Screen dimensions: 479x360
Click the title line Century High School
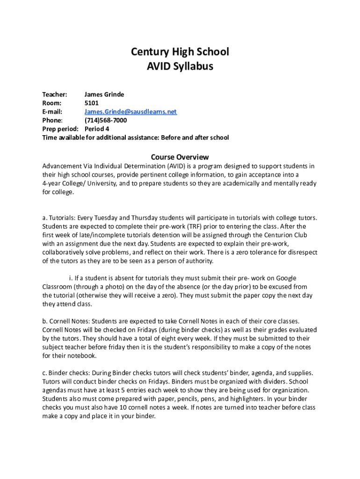[180, 51]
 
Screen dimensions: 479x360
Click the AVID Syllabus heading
[180, 66]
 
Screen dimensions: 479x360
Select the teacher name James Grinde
[104, 94]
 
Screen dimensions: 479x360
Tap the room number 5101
[92, 103]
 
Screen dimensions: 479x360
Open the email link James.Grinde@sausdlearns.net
[130, 112]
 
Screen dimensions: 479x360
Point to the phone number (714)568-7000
[105, 120]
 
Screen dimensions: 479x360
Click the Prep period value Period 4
[97, 129]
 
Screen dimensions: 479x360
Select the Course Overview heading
[180, 157]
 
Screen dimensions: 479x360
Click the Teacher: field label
[55, 94]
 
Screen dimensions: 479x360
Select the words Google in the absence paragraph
[286, 278]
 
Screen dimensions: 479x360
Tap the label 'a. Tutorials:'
[59, 218]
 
